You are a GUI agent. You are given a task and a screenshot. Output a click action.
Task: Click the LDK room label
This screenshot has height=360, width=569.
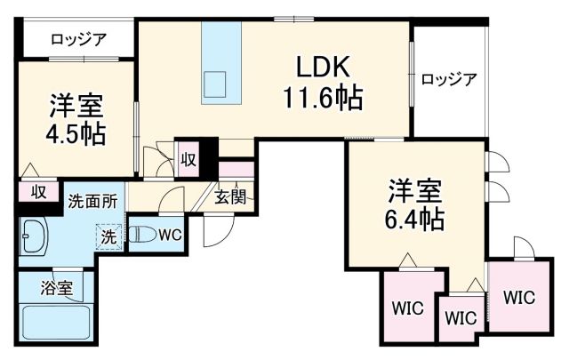(324, 68)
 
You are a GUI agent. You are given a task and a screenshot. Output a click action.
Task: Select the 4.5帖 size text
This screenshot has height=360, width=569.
(76, 134)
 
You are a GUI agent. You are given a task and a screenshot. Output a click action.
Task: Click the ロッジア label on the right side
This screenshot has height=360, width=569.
(449, 78)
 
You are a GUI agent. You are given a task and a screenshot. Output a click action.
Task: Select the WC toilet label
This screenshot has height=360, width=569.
(171, 236)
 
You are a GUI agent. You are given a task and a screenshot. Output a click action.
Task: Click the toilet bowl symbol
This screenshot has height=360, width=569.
(142, 236)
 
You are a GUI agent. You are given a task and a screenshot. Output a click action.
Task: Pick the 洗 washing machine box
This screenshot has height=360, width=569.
(108, 237)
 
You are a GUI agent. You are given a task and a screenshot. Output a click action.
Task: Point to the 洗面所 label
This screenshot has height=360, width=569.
(92, 201)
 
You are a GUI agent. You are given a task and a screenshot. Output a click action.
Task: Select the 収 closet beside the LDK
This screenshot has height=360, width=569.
(188, 159)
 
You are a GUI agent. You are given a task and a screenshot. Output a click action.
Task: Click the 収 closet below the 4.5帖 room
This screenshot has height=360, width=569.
(39, 190)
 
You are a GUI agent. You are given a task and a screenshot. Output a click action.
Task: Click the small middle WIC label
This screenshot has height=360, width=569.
(461, 318)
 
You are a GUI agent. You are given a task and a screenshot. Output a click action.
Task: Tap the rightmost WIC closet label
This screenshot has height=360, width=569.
(520, 297)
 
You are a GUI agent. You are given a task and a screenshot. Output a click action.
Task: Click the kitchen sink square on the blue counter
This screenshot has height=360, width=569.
(216, 84)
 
